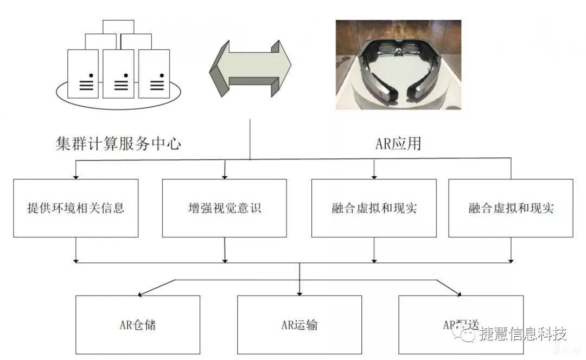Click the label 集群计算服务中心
118,144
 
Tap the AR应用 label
398,144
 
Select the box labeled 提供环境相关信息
76,208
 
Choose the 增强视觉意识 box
224,208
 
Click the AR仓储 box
138,325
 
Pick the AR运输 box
300,325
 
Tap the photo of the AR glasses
398,65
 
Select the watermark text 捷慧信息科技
522,334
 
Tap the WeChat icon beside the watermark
465,334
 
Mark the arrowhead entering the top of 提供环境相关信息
76,176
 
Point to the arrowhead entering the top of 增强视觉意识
225,176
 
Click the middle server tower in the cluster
118,74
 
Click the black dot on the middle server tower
125,75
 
